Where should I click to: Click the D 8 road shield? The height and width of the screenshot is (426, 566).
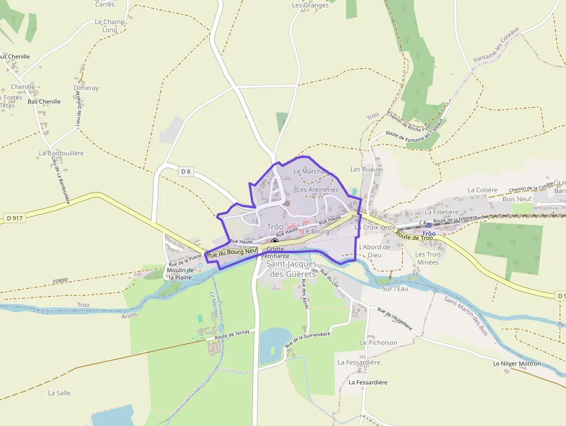pyautogui.click(x=185, y=171)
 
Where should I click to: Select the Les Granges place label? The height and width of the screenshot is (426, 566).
pyautogui.click(x=310, y=5)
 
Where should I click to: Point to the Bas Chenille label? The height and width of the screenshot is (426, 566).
pyautogui.click(x=44, y=102)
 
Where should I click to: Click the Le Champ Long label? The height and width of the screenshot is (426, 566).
pyautogui.click(x=110, y=26)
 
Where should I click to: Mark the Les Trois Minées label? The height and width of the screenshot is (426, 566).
pyautogui.click(x=428, y=258)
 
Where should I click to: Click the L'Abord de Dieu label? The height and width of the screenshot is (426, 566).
pyautogui.click(x=375, y=251)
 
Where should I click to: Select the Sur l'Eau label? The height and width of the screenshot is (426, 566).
pyautogui.click(x=395, y=288)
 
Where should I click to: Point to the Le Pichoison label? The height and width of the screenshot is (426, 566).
pyautogui.click(x=379, y=342)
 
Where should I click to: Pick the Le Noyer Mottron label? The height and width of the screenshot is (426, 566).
pyautogui.click(x=517, y=364)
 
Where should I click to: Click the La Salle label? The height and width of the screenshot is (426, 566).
pyautogui.click(x=59, y=393)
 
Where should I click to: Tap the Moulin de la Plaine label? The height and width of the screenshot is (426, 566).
pyautogui.click(x=179, y=274)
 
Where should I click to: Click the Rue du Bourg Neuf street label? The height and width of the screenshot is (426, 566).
pyautogui.click(x=232, y=253)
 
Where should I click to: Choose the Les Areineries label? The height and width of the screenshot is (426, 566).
pyautogui.click(x=317, y=190)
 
